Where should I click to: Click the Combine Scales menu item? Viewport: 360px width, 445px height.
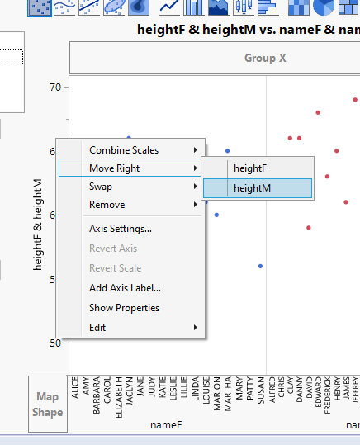(x=124, y=150)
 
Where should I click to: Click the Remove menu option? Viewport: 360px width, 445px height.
(x=107, y=205)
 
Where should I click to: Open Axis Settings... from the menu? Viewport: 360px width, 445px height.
(x=121, y=229)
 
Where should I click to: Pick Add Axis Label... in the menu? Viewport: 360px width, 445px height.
(x=125, y=288)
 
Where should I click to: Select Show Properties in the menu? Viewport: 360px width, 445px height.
(x=124, y=308)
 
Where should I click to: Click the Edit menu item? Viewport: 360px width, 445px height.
(x=98, y=328)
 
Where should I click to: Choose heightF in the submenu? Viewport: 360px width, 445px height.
(x=250, y=168)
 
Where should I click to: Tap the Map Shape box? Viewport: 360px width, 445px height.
(x=48, y=405)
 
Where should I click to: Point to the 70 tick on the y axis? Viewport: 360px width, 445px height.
(x=56, y=87)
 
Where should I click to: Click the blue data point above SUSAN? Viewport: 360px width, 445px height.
(x=260, y=266)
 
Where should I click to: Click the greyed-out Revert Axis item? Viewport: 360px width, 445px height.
(x=113, y=249)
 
